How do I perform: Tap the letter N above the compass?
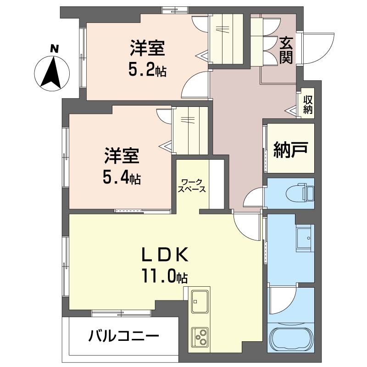pyautogui.click(x=54, y=47)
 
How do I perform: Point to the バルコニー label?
pyautogui.click(x=123, y=336)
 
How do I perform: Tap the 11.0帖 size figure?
pyautogui.click(x=164, y=277)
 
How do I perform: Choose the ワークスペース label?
pyautogui.click(x=192, y=185)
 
